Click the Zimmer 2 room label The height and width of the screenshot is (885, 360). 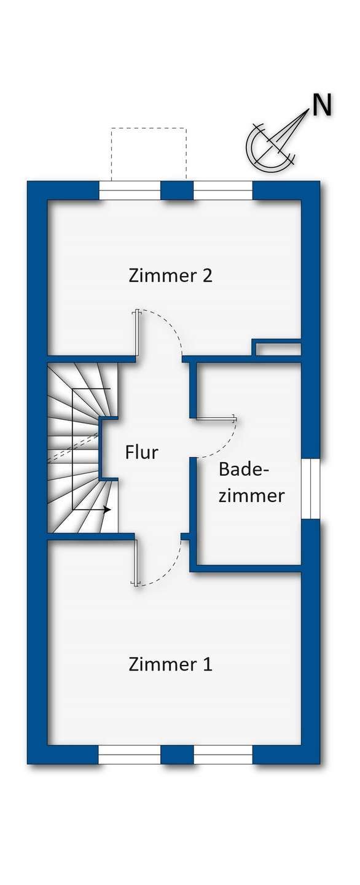[x=170, y=275]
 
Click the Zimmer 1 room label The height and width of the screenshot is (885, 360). [x=170, y=664]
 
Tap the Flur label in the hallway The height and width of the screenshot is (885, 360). [x=141, y=453]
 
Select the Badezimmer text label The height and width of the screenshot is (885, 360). [x=251, y=482]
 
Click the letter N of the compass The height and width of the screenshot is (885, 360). [x=321, y=106]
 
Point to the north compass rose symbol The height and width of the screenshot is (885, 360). [x=270, y=145]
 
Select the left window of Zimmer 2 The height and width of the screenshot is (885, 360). [x=130, y=191]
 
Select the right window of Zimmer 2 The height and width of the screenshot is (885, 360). [x=223, y=191]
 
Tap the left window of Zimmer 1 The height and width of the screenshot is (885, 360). [x=130, y=754]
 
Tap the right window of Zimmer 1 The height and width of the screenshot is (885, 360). [x=223, y=754]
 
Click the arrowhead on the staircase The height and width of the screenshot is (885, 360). [x=108, y=509]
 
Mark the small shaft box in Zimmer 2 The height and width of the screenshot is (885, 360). [x=278, y=349]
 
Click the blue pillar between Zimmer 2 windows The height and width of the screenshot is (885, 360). [x=177, y=191]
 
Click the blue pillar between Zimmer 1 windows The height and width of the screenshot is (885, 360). [x=177, y=754]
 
